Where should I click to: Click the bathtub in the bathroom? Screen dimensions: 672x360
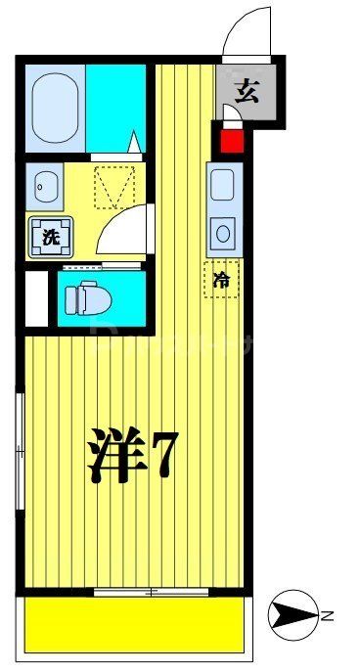click(56, 106)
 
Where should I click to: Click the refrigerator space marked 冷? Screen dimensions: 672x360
click(222, 280)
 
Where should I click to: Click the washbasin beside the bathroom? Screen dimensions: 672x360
click(45, 183)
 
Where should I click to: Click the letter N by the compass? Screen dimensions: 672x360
click(329, 615)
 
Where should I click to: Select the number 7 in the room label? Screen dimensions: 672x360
click(161, 454)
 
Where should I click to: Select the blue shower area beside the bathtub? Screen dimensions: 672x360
click(115, 106)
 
